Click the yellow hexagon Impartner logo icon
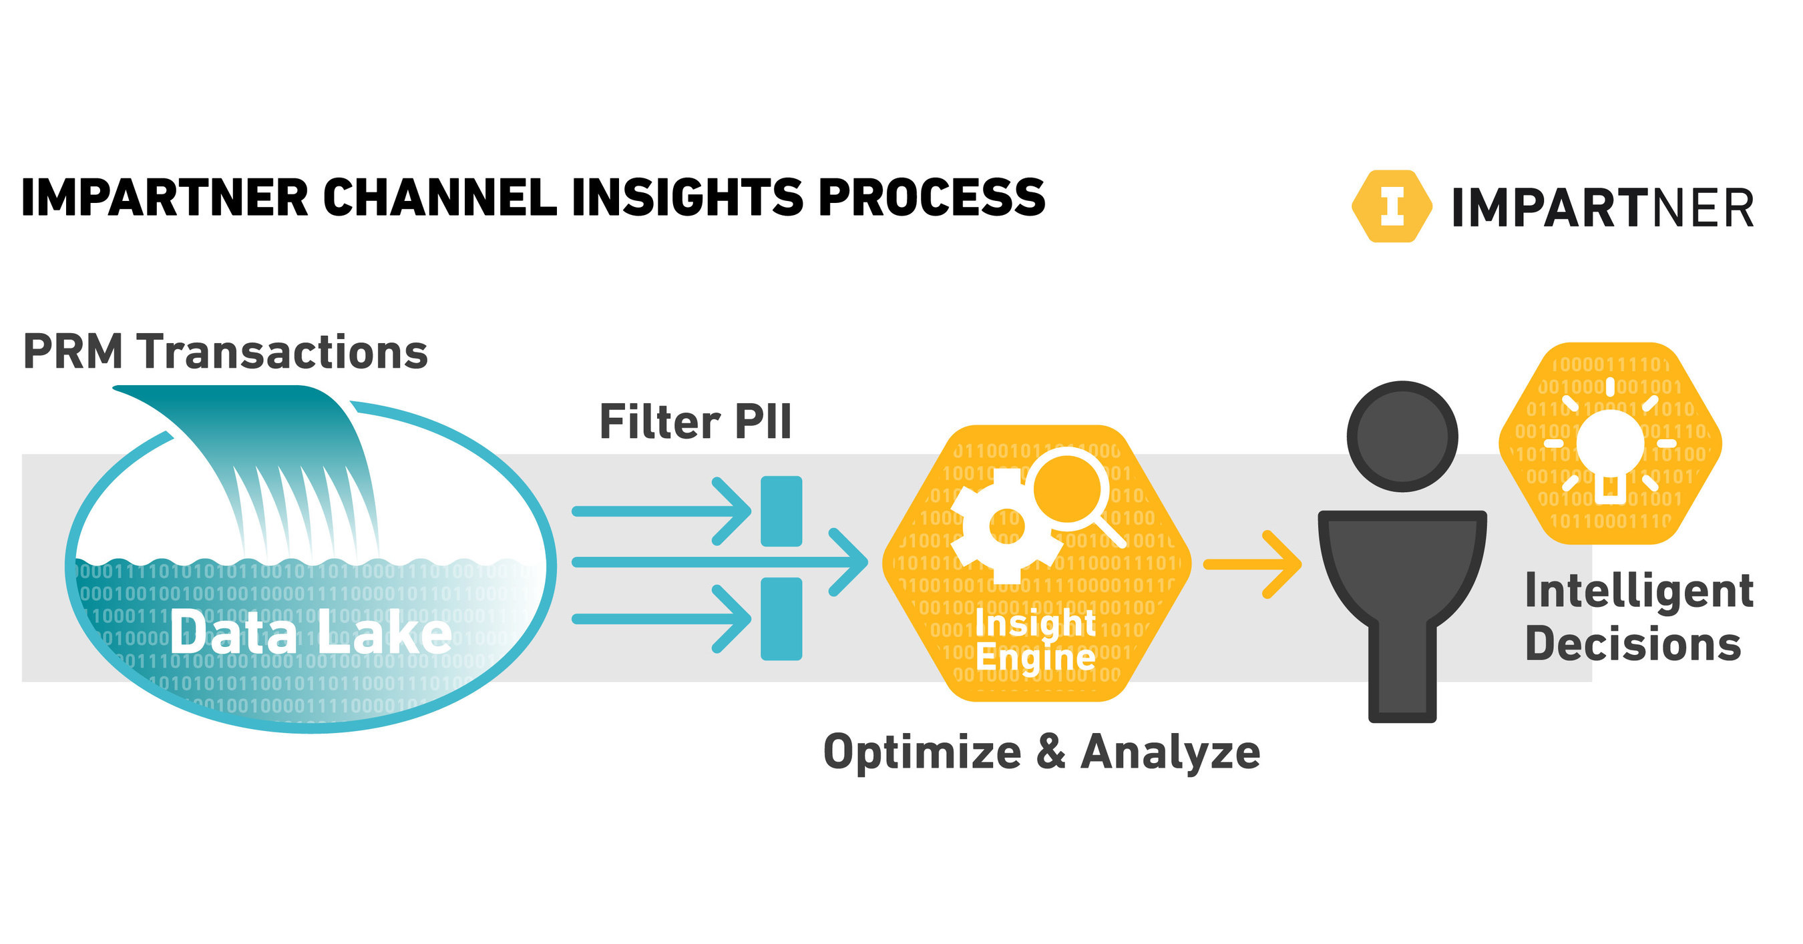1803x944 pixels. (x=1392, y=206)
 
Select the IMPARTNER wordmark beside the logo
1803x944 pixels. (x=1602, y=208)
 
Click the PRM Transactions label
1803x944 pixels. (x=226, y=351)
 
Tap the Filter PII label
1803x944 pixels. (x=695, y=422)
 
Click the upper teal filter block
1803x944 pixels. (x=781, y=511)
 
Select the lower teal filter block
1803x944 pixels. (x=781, y=619)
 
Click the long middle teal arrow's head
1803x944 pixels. (x=850, y=562)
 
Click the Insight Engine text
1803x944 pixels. (x=1035, y=640)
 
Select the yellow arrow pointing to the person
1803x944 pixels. (x=1253, y=564)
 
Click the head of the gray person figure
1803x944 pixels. (x=1402, y=436)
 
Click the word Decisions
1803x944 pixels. (x=1632, y=644)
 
